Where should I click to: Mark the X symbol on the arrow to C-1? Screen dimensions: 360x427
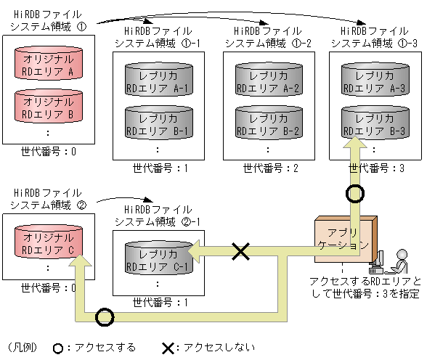240,252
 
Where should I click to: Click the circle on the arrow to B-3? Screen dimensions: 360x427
354,195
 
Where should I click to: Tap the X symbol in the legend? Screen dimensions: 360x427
168,348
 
